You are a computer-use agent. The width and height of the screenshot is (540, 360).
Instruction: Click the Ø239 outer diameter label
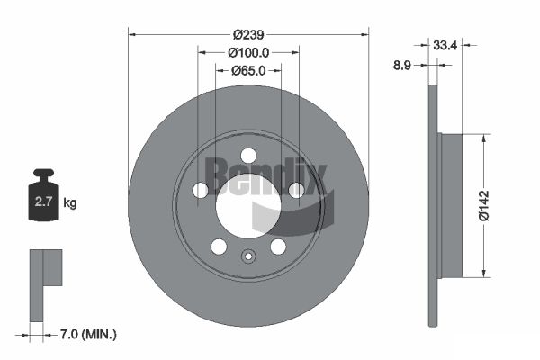click(248, 34)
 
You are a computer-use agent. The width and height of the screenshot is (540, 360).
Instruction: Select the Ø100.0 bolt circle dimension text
click(248, 53)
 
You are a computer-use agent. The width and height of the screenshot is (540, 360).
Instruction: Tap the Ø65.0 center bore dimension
click(248, 70)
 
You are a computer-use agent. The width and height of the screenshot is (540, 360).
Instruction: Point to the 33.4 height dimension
click(445, 45)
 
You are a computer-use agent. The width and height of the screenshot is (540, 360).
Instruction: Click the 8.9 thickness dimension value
click(402, 65)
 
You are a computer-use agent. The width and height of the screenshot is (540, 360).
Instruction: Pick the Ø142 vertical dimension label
click(484, 205)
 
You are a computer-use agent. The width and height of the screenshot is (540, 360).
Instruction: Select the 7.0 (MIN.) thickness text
click(88, 334)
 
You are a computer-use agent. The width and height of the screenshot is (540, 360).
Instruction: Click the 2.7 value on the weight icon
click(43, 202)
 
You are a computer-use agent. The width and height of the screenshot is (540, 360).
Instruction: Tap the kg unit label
click(70, 202)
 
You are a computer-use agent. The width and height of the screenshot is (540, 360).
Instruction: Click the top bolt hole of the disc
click(248, 156)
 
